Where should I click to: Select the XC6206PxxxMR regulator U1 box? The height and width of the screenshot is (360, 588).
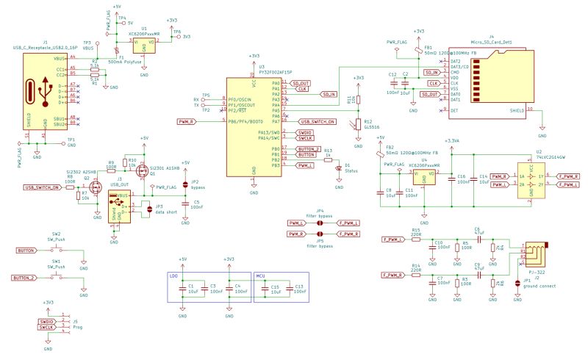click(x=144, y=46)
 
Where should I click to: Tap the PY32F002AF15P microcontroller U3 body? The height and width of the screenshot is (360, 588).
click(x=254, y=126)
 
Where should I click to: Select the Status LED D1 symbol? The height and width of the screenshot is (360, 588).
click(x=338, y=167)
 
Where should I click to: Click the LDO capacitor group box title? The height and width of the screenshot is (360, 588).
click(x=173, y=276)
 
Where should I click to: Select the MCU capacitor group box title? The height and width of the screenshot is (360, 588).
click(x=260, y=276)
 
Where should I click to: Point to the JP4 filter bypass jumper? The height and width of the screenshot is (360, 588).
click(x=320, y=223)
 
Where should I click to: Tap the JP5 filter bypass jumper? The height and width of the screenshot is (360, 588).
click(x=320, y=234)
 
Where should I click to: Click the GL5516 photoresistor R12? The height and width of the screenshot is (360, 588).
click(x=358, y=124)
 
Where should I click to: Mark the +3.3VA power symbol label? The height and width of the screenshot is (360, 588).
click(x=452, y=140)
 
